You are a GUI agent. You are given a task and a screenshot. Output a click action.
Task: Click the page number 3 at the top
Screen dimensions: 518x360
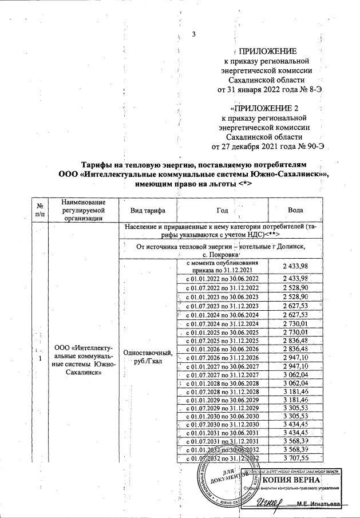coord(194,34)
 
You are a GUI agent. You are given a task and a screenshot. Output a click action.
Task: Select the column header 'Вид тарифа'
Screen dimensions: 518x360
coord(148,210)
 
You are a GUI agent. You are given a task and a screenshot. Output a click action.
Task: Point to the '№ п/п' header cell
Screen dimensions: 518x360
coord(41,210)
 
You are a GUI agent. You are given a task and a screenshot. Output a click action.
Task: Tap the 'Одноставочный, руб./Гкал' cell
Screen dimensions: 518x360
coord(148,358)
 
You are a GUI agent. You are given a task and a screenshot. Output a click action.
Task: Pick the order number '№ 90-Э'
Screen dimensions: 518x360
coord(312,145)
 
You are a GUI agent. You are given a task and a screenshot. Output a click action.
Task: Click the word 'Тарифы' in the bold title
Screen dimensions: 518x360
coord(97,163)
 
